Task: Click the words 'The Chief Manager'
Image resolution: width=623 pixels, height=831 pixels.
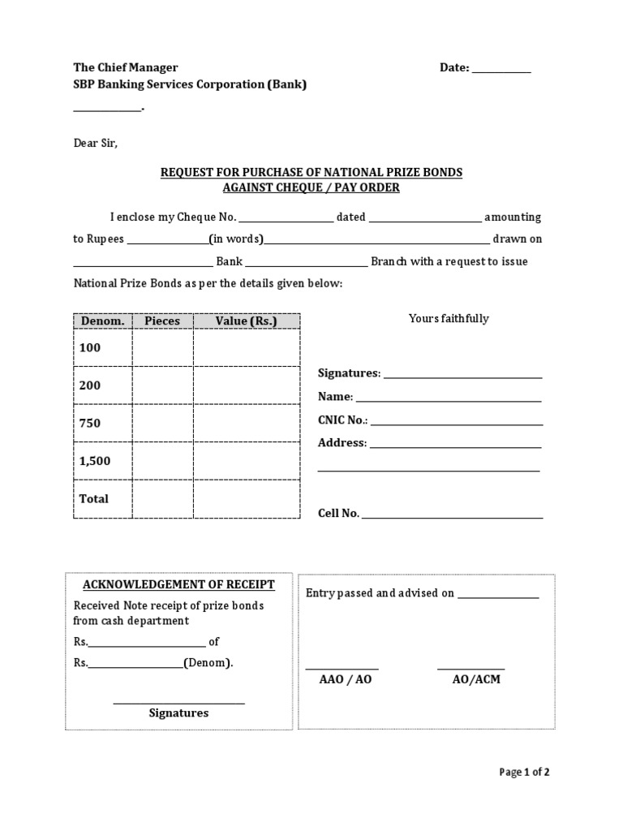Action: (x=126, y=67)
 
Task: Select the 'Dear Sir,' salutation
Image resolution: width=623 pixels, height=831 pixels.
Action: (x=96, y=143)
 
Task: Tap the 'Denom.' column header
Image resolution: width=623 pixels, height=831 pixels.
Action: (x=103, y=321)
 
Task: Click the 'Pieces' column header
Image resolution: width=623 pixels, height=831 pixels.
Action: (x=162, y=321)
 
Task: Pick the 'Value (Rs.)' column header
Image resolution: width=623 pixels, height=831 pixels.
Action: (x=247, y=321)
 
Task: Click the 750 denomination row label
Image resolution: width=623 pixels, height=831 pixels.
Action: (x=90, y=423)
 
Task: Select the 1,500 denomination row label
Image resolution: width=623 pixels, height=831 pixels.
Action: (x=95, y=461)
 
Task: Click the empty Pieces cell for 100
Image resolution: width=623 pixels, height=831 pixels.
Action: (x=162, y=348)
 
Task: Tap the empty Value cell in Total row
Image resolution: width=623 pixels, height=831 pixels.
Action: (x=247, y=498)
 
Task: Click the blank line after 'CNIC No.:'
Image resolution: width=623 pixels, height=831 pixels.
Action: (x=457, y=423)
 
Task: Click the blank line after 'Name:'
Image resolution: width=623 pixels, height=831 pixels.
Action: (x=449, y=399)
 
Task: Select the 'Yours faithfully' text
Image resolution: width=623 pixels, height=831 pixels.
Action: (x=449, y=319)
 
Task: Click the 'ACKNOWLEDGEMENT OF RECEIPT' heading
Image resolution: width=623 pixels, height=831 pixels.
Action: (x=178, y=584)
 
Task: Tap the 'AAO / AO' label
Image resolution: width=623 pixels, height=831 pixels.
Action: (x=346, y=679)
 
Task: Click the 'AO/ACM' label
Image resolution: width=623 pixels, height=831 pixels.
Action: (x=476, y=679)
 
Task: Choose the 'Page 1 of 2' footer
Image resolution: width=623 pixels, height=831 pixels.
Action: (x=525, y=773)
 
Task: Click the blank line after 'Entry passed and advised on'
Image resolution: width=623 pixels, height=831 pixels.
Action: (x=498, y=596)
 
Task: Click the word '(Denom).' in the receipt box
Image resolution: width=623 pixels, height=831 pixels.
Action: (x=208, y=663)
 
